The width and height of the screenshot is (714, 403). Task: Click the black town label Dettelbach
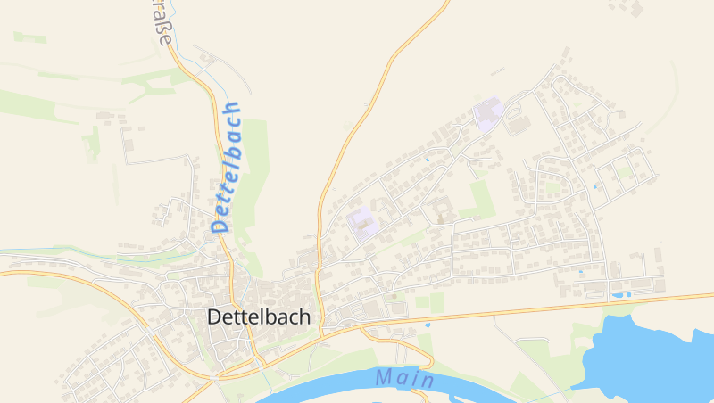click(x=259, y=317)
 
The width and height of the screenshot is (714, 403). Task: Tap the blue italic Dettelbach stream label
click(x=228, y=167)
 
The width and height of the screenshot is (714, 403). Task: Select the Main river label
click(x=404, y=378)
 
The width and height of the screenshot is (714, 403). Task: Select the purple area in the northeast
click(x=488, y=115)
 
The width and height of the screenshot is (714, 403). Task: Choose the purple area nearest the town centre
click(x=364, y=223)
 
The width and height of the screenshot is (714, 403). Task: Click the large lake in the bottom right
click(x=652, y=352)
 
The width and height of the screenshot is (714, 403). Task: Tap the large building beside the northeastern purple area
click(x=517, y=124)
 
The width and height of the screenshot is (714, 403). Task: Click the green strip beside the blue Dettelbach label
click(x=254, y=178)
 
